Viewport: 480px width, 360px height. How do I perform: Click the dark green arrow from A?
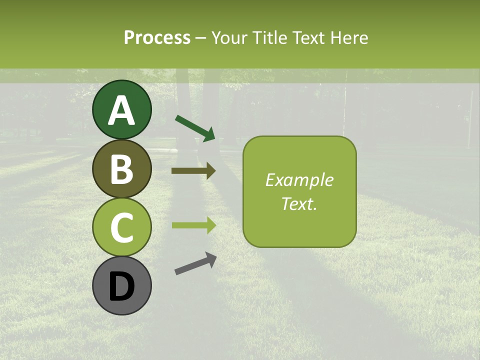(195, 127)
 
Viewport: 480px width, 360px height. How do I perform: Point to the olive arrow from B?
(194, 171)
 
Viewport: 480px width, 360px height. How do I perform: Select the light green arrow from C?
(194, 225)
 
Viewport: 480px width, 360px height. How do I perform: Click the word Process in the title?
(157, 37)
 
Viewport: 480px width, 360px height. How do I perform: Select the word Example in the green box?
(299, 180)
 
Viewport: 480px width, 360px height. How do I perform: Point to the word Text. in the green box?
(299, 203)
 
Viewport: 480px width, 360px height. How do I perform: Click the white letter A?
(122, 111)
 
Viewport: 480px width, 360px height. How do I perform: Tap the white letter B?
(122, 170)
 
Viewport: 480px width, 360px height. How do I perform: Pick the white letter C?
(122, 228)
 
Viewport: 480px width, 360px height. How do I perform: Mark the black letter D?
(122, 287)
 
